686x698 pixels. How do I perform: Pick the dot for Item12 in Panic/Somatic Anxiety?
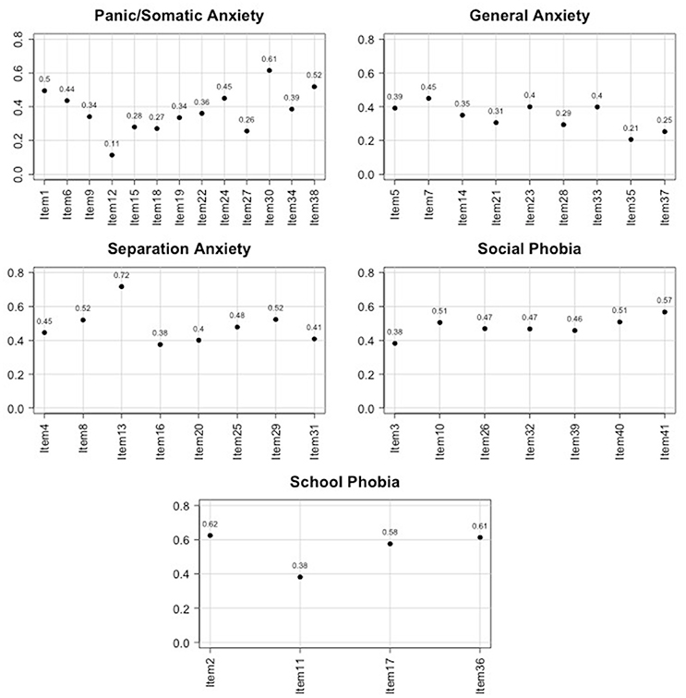coord(112,155)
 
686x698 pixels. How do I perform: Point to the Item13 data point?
coord(121,286)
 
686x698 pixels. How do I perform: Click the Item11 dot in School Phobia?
coord(300,577)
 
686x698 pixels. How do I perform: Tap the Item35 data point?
coord(631,139)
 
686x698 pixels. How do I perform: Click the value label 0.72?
coord(121,275)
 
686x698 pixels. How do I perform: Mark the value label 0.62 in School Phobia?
coord(211,523)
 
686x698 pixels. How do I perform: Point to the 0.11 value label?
coord(112,143)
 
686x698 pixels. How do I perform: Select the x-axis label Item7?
coord(428,199)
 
